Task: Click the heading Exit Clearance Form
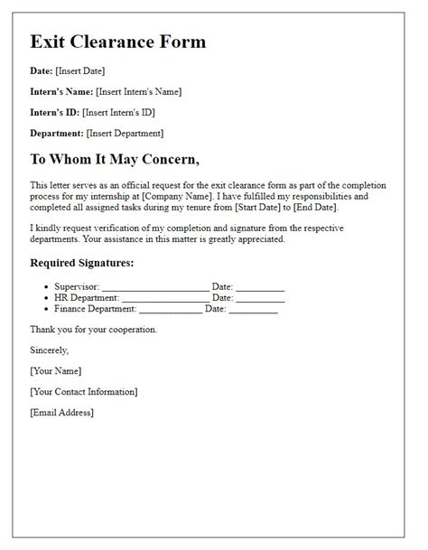[x=117, y=42]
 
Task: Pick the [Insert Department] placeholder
[x=125, y=133]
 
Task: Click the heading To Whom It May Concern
[x=115, y=160]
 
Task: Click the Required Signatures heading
[x=81, y=264]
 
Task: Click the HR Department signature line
[x=164, y=297]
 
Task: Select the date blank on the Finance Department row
[x=254, y=309]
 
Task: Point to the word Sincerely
[x=49, y=350]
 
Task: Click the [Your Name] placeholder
[x=55, y=370]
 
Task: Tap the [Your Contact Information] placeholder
[x=83, y=391]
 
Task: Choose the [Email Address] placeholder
[x=61, y=412]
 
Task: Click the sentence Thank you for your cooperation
[x=93, y=330]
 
